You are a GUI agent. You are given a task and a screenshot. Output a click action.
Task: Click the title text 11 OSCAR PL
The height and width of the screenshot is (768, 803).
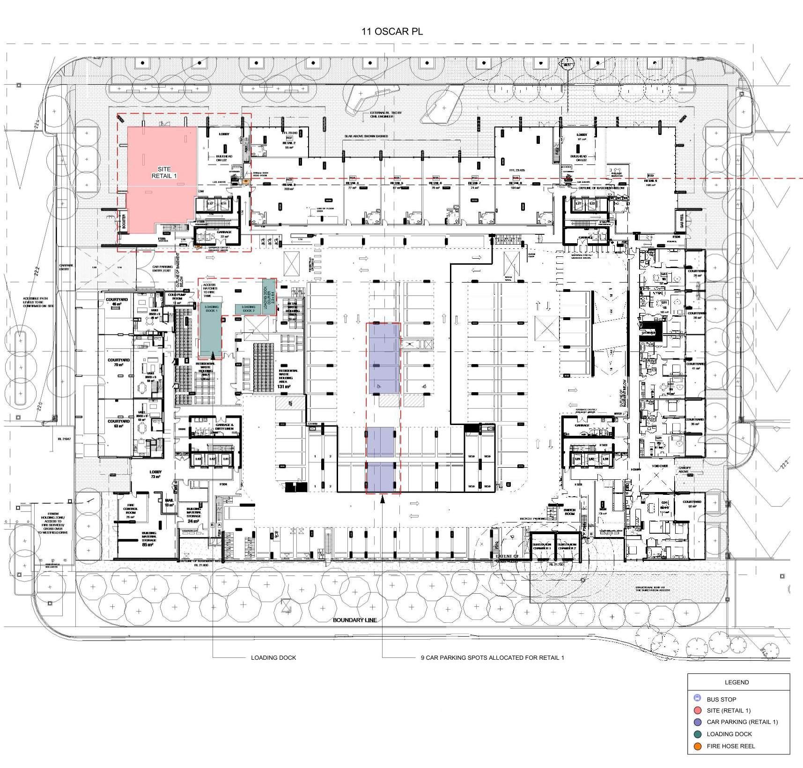(x=392, y=32)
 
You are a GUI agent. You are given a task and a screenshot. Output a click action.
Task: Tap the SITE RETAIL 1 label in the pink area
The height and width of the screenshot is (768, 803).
(x=164, y=172)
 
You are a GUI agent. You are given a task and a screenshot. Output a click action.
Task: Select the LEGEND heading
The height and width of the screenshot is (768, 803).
(x=737, y=682)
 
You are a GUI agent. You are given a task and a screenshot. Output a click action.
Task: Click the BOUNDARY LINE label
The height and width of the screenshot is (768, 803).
(x=355, y=620)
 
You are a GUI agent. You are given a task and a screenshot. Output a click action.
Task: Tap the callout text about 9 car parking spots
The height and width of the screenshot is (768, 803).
(x=492, y=657)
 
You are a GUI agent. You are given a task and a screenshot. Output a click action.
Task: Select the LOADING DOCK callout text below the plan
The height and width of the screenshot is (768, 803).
(x=273, y=657)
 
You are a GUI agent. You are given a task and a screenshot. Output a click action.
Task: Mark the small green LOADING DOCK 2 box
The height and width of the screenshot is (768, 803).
(x=248, y=309)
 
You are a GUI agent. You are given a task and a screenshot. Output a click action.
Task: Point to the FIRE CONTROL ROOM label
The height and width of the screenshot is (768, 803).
(x=131, y=510)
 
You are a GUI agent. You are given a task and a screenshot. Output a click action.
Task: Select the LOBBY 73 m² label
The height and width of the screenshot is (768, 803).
(x=155, y=474)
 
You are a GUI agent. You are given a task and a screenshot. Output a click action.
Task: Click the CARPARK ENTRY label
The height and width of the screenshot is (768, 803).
(x=64, y=267)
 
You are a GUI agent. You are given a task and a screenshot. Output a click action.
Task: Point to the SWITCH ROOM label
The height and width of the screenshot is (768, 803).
(x=569, y=512)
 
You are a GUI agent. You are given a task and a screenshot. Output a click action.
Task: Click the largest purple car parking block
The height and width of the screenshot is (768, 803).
(x=383, y=358)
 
